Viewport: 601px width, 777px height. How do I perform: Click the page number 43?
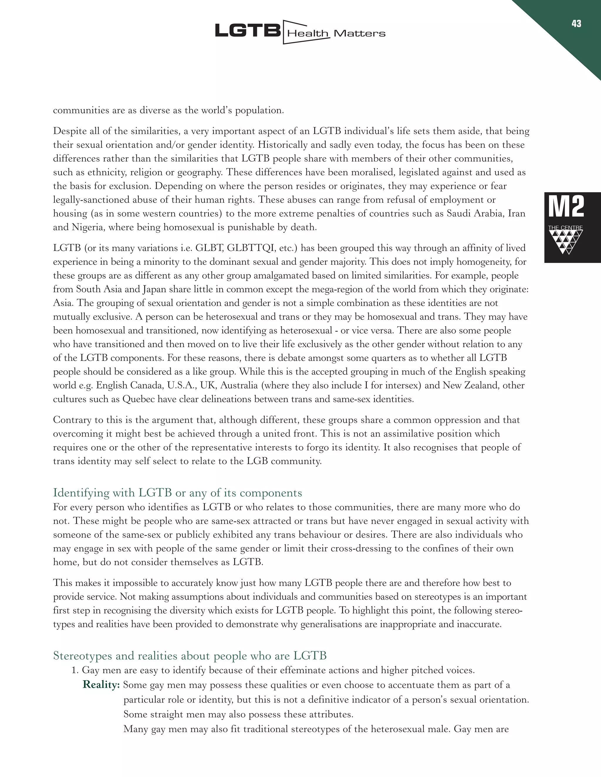point(576,24)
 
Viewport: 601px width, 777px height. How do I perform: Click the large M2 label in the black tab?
point(566,207)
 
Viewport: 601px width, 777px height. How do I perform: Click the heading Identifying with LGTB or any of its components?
point(177,493)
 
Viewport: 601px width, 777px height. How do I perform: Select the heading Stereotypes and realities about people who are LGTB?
point(190,656)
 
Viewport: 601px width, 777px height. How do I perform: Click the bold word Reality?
point(101,685)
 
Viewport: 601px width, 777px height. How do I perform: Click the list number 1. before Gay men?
point(75,671)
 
